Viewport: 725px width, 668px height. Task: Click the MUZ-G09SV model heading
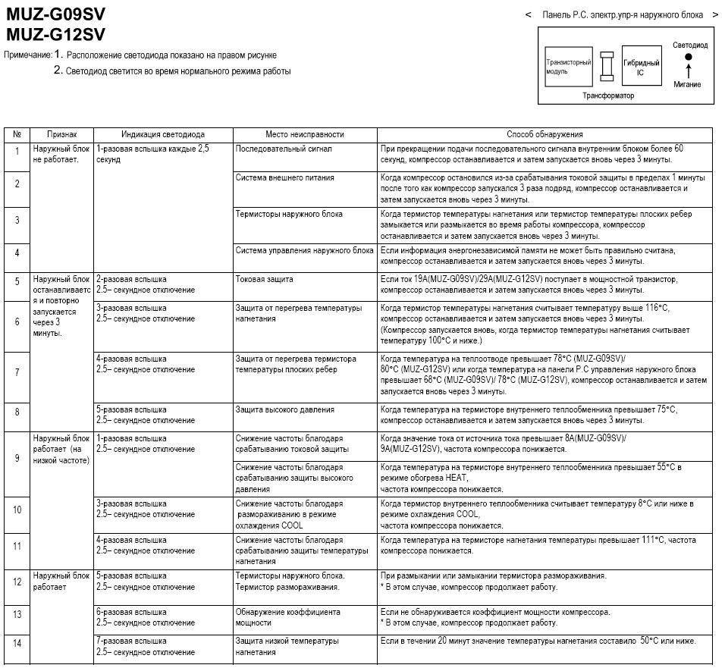(x=55, y=15)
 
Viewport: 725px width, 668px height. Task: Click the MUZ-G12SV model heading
(x=55, y=34)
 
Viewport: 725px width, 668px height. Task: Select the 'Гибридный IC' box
(x=641, y=67)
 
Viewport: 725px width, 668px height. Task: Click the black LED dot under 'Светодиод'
(x=689, y=57)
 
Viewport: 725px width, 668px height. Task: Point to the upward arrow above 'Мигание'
(x=689, y=71)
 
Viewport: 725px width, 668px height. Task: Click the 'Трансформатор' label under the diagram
(x=607, y=96)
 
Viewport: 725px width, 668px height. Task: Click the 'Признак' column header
(x=61, y=134)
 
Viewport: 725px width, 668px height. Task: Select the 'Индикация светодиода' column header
(x=162, y=134)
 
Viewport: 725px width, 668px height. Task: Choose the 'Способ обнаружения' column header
(x=544, y=134)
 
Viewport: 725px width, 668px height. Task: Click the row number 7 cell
(x=17, y=372)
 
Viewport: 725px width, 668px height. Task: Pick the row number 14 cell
(x=17, y=643)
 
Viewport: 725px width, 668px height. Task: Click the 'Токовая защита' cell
(x=265, y=279)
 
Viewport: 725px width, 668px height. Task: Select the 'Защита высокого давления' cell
(x=284, y=409)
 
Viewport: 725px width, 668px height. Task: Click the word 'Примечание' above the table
(x=28, y=55)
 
